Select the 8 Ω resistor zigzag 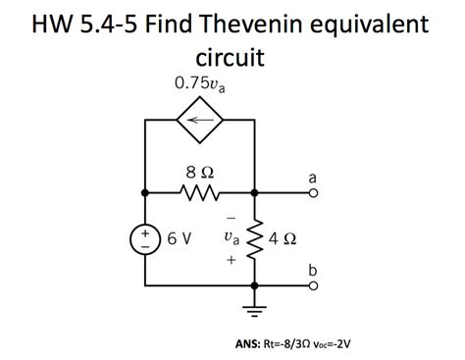(x=199, y=192)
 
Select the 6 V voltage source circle (x=145, y=238)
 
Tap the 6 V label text (x=180, y=237)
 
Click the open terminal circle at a (x=312, y=192)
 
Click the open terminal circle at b (x=312, y=285)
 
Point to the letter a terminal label (x=312, y=177)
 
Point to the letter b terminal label (x=312, y=268)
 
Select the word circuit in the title (x=232, y=58)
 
